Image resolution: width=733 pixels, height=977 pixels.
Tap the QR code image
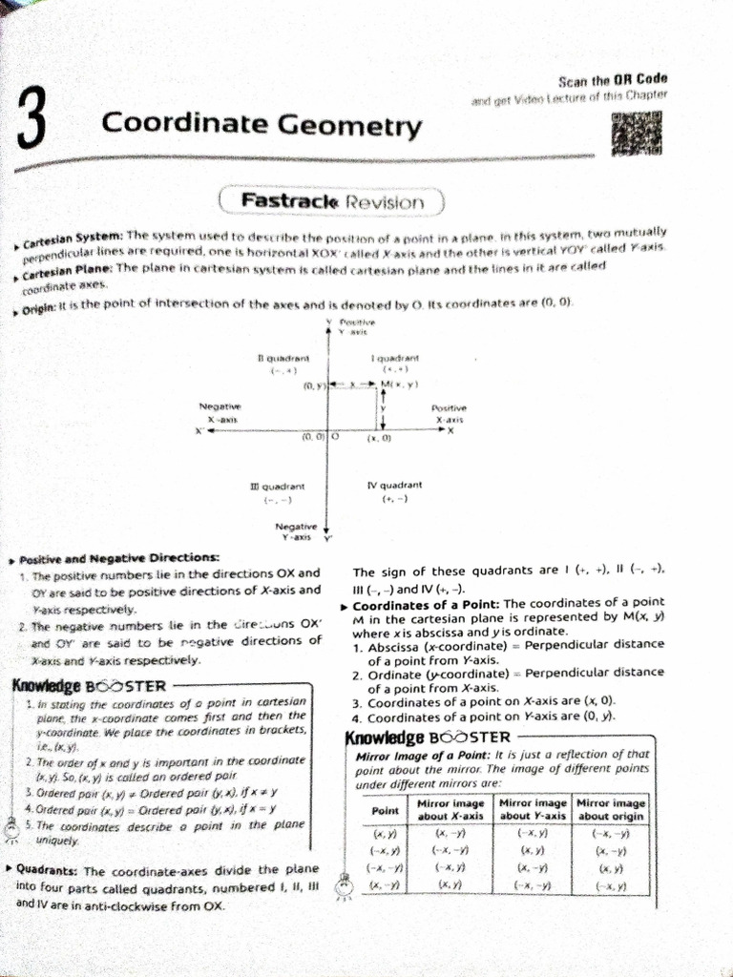636,133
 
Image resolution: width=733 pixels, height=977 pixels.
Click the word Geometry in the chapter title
365,124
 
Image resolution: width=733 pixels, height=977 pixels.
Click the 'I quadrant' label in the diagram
389,357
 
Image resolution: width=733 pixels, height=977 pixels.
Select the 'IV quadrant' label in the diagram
394,486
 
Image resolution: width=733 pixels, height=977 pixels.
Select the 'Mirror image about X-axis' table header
452,810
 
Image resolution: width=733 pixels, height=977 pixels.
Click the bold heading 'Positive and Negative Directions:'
118,557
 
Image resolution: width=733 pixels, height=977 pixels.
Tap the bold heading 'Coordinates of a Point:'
426,605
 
